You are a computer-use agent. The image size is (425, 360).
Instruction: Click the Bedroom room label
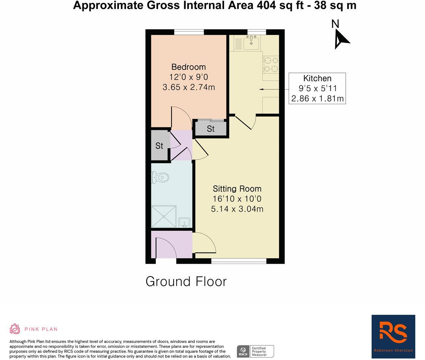pos(188,67)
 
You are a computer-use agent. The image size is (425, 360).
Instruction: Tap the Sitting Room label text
pos(237,189)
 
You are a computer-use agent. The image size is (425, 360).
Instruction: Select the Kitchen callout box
pos(317,88)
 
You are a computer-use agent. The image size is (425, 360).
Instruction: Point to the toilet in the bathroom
pos(159,177)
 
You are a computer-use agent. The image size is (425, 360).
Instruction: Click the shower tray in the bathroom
pos(164,216)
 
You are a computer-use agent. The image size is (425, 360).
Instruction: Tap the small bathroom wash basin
pos(184,223)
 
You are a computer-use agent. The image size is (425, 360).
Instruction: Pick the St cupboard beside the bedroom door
pos(211,128)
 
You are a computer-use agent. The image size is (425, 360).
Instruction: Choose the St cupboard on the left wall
pos(159,146)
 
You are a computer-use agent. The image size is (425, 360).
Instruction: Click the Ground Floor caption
pos(186,282)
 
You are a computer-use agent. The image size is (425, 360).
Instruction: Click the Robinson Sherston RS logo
pos(393,336)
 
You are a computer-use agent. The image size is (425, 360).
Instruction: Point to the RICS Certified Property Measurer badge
pos(255,351)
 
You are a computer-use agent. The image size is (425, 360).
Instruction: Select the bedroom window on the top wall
pos(189,32)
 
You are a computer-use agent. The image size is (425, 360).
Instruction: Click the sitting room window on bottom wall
pos(239,261)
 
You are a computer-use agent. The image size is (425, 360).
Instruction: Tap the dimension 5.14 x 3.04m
pos(237,209)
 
